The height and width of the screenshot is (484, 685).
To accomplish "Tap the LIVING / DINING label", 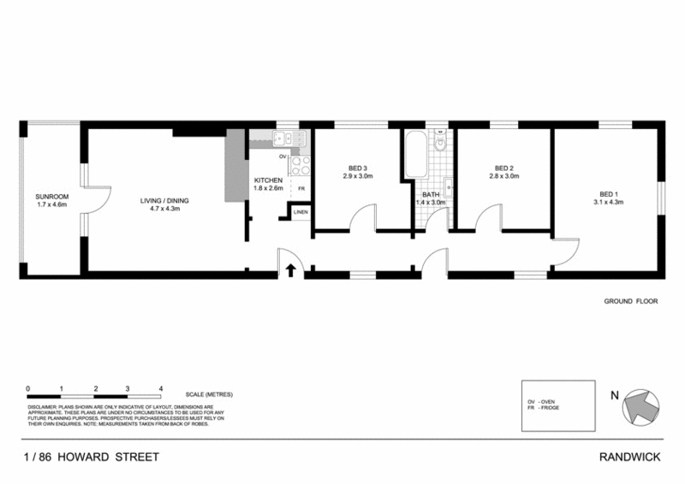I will tap(164, 201).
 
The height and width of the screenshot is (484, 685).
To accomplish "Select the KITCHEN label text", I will tap(267, 180).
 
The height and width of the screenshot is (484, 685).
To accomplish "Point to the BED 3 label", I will tap(358, 168).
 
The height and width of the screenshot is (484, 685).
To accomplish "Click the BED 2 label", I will tap(503, 168).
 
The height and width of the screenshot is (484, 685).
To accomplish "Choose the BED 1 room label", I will tap(607, 193).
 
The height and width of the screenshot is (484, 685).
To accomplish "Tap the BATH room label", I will tap(430, 194).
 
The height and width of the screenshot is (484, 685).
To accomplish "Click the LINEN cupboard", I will tap(300, 211).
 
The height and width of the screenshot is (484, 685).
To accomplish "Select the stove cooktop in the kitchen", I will tap(301, 162).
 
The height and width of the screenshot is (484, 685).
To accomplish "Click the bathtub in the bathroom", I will tap(416, 155).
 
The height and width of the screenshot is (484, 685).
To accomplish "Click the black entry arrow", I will tap(290, 271).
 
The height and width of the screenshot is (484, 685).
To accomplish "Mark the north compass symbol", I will tap(641, 404).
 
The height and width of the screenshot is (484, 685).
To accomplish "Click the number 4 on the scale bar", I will tap(160, 387).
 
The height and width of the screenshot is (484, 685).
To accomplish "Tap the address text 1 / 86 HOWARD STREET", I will tap(92, 457).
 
